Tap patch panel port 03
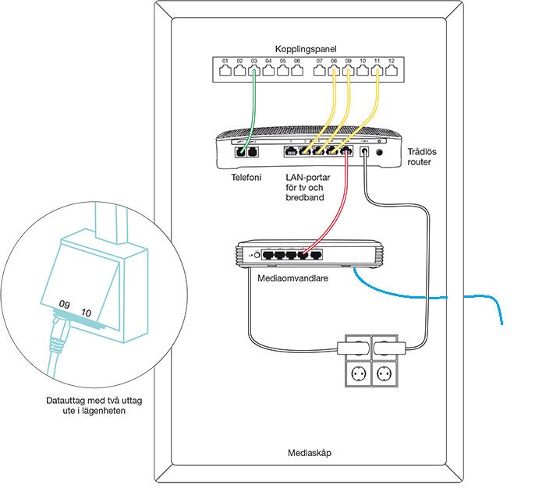click(254, 70)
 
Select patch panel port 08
click(333, 70)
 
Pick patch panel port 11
click(377, 70)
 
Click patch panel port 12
click(392, 70)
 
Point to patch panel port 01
click(225, 70)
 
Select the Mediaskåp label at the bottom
click(310, 452)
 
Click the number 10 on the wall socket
click(87, 312)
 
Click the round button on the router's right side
click(380, 153)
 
